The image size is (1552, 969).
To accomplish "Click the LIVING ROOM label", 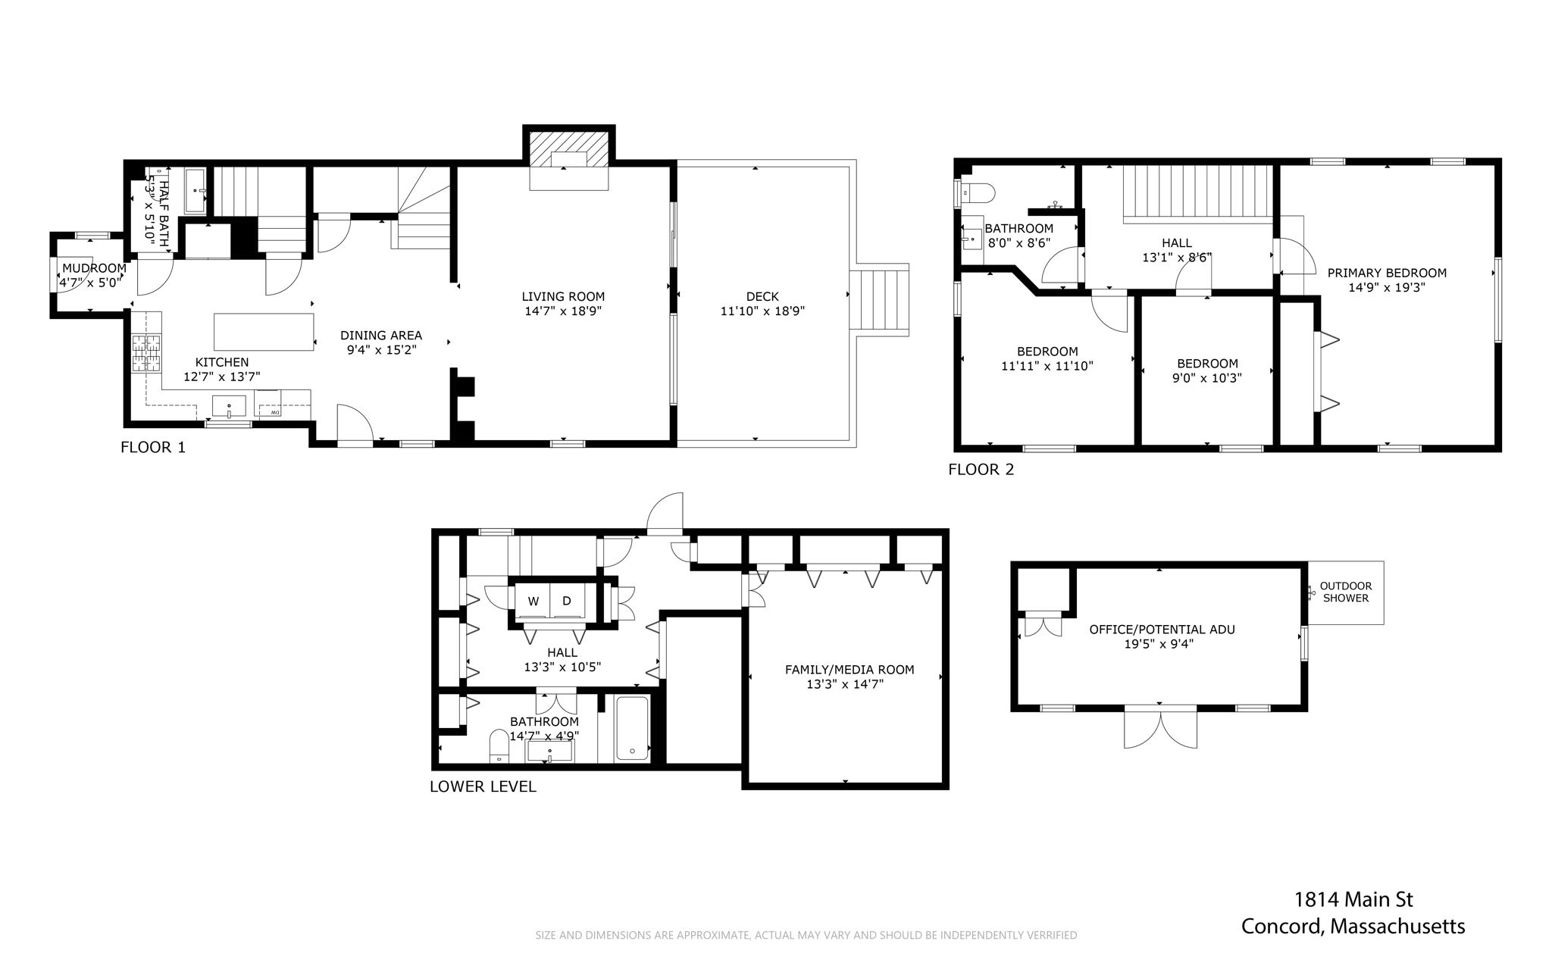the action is [x=563, y=296].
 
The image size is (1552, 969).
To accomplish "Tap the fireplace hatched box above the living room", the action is [x=569, y=150].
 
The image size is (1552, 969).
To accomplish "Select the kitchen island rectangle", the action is [x=264, y=332].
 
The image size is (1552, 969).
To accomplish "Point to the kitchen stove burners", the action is [x=147, y=353].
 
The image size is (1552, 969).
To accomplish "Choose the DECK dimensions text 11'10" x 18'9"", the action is [x=762, y=311].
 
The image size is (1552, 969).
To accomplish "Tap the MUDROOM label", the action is [x=94, y=268].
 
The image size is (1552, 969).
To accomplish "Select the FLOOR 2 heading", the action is [x=981, y=470].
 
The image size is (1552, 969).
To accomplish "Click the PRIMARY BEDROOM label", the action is [x=1387, y=273].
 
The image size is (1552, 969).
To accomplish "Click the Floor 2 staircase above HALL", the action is [x=1196, y=192].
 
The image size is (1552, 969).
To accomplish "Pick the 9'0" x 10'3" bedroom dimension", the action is [x=1206, y=378].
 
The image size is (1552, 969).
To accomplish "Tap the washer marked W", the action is [x=533, y=602].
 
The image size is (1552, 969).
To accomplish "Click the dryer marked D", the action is [x=567, y=602].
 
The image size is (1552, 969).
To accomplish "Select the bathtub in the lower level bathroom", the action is [x=632, y=728].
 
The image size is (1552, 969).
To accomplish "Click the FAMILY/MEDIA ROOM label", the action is [x=850, y=670].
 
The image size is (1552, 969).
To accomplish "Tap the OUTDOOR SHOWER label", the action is [x=1346, y=592].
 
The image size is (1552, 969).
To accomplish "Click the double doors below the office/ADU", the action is [x=1160, y=726].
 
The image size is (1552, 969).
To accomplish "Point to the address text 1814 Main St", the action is [x=1353, y=899].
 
